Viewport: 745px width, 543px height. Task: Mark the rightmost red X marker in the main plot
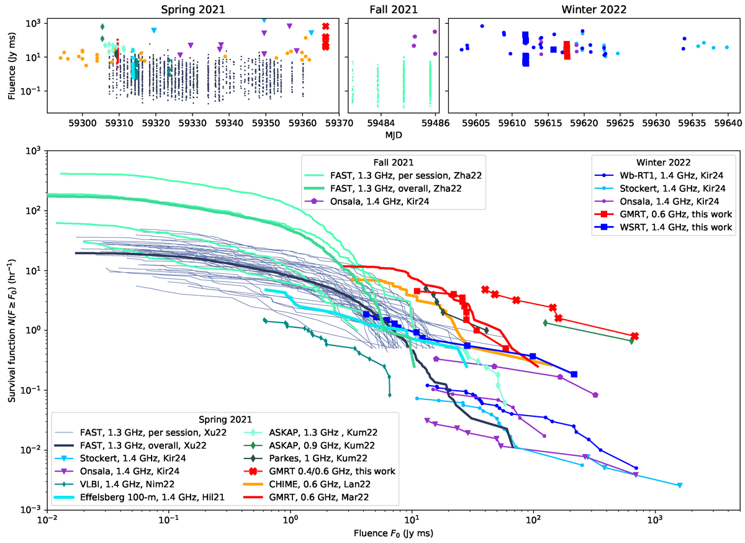tap(634, 336)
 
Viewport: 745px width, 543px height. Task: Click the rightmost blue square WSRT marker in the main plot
tap(574, 374)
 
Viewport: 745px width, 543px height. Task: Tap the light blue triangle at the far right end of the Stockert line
tap(680, 485)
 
